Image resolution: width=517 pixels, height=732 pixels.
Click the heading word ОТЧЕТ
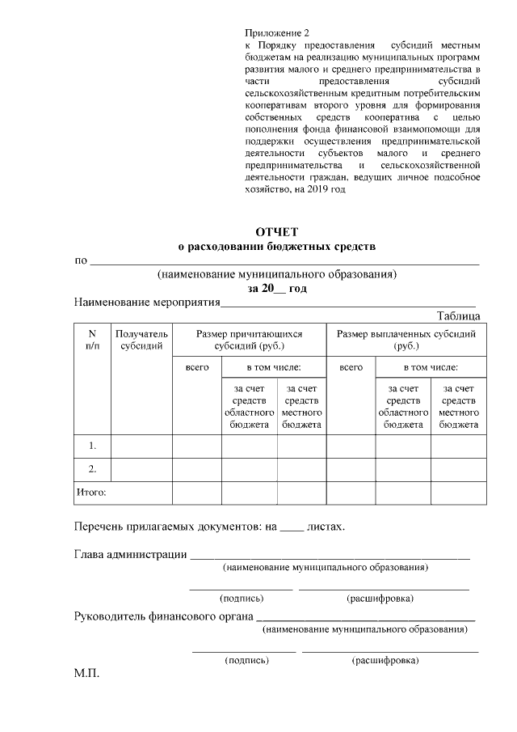click(277, 232)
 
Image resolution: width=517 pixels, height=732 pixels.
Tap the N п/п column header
click(92, 340)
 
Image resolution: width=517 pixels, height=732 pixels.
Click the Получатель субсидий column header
click(141, 340)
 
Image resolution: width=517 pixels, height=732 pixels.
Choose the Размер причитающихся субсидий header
click(249, 340)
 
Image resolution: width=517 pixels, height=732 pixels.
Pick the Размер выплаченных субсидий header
click(406, 340)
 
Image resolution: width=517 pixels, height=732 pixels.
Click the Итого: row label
click(91, 491)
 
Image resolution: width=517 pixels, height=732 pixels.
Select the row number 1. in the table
click(92, 446)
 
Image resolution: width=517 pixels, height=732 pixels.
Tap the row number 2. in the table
click(92, 468)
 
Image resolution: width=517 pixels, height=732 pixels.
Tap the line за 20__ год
click(277, 287)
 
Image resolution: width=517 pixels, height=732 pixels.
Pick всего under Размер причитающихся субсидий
click(197, 367)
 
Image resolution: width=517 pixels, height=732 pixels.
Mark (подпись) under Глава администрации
click(242, 599)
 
